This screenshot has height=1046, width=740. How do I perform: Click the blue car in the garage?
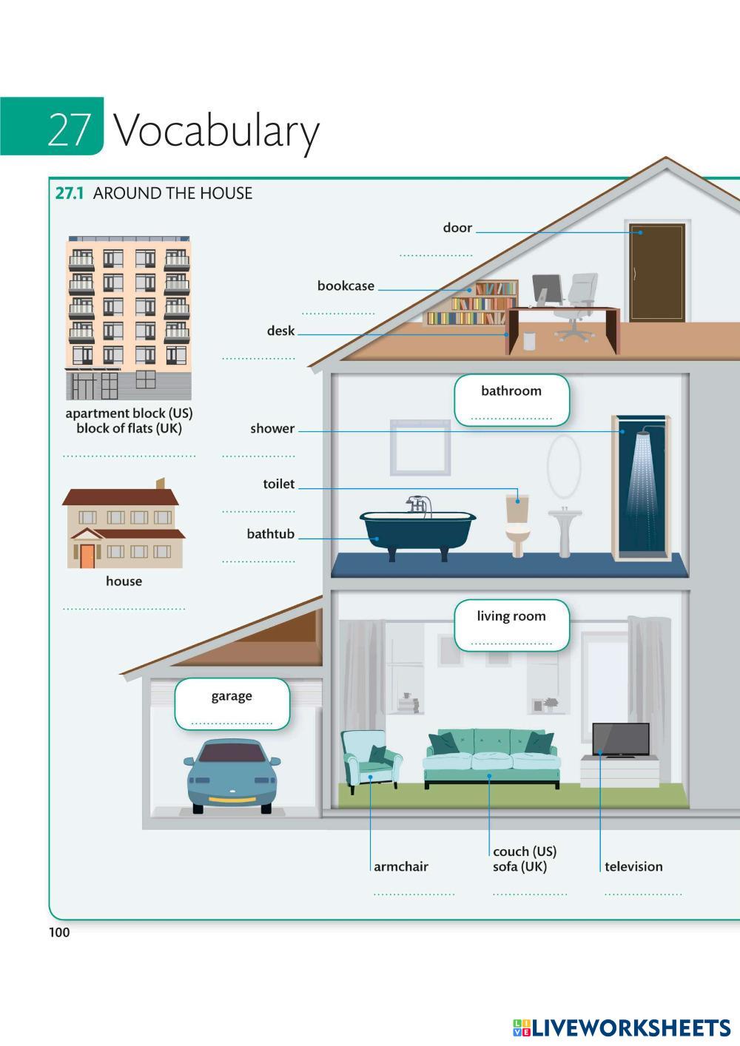[232, 776]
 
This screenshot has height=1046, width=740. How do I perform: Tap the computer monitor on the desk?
[548, 290]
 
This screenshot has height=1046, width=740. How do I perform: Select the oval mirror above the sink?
[564, 466]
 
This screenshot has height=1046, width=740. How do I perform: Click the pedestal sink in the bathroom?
[565, 528]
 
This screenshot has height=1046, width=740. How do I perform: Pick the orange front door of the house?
[87, 556]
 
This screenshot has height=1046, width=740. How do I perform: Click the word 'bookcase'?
[346, 286]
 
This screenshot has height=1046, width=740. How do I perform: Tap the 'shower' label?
[272, 429]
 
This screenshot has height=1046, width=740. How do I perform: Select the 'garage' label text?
[232, 696]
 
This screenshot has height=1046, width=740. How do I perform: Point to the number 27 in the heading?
[69, 129]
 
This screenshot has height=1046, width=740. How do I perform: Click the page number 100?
[59, 932]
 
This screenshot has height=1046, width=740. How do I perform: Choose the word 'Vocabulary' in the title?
[216, 132]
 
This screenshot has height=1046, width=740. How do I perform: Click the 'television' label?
[633, 867]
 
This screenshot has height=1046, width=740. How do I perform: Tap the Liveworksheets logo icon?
[522, 1028]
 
